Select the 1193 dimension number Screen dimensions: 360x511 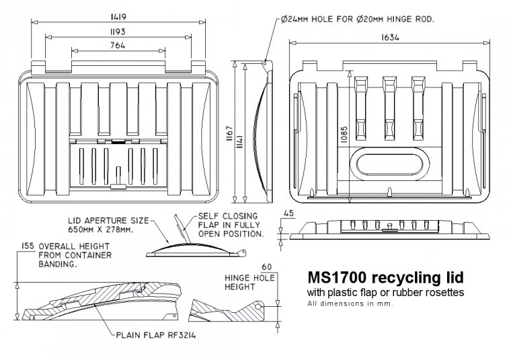[118, 31]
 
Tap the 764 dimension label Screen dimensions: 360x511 [118, 44]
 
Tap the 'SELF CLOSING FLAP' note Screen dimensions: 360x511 [230, 224]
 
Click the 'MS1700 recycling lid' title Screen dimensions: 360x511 [385, 277]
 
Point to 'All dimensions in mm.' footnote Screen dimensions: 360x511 [350, 303]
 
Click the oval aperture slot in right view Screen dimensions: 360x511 [388, 164]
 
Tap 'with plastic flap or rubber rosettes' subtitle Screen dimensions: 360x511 [385, 293]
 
